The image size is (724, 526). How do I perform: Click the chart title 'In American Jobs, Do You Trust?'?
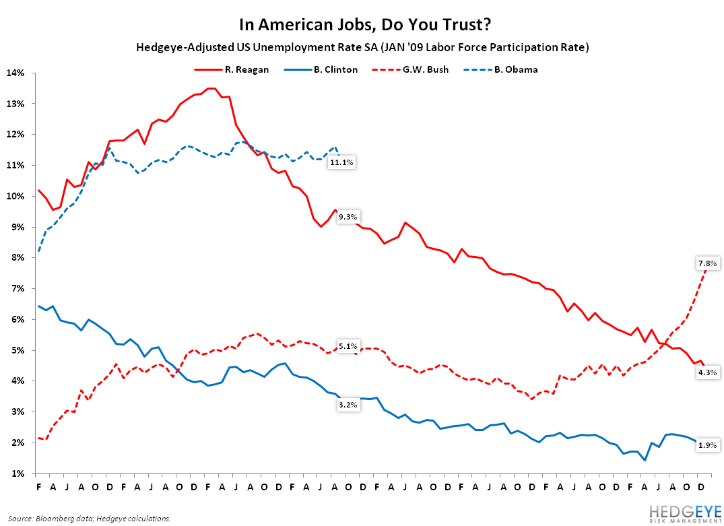(362, 25)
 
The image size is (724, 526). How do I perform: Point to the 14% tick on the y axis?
(15, 73)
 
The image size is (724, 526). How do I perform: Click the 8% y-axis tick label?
(18, 258)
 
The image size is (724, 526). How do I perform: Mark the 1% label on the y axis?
(18, 473)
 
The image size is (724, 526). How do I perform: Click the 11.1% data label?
(341, 163)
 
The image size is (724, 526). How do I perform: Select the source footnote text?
(89, 518)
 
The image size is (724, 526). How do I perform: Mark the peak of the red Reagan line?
(210, 88)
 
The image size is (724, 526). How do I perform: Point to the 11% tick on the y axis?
(15, 165)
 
